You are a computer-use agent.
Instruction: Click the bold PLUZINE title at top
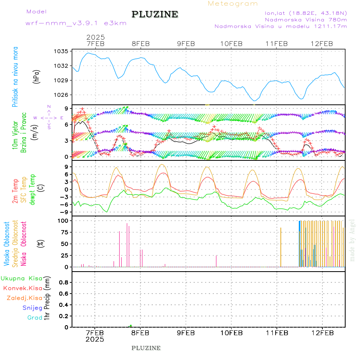(x=155, y=14)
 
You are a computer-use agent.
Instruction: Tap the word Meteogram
(x=233, y=4)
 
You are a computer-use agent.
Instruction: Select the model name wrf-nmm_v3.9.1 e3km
(x=76, y=23)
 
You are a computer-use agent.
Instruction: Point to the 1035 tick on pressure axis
(x=62, y=51)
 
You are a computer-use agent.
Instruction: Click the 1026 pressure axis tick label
(x=62, y=95)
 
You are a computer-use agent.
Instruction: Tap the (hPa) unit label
(x=37, y=76)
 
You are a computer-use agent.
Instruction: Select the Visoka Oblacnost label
(x=7, y=244)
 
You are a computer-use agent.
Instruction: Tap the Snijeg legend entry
(x=32, y=308)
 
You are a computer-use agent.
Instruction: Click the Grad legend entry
(x=34, y=318)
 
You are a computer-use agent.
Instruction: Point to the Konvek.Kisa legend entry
(x=22, y=288)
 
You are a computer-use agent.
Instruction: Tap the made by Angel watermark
(x=352, y=240)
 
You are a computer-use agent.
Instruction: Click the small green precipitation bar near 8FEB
(x=131, y=326)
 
